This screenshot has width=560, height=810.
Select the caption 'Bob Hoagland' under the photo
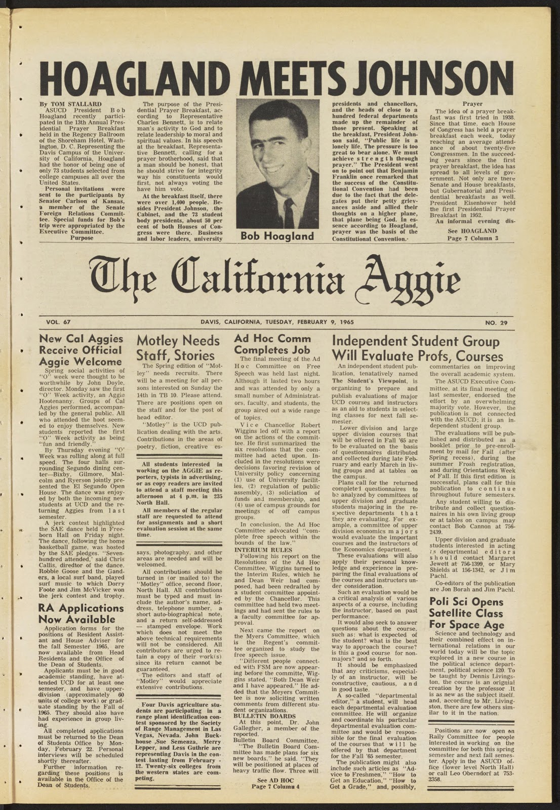click(277, 236)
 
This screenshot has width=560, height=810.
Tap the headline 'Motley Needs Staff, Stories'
click(178, 347)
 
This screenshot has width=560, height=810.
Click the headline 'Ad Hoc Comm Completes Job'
click(272, 344)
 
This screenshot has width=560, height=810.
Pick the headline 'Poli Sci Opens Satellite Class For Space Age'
click(466, 613)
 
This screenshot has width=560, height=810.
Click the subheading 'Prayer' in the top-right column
click(472, 104)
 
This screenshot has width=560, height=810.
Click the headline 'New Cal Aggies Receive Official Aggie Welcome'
click(81, 350)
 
